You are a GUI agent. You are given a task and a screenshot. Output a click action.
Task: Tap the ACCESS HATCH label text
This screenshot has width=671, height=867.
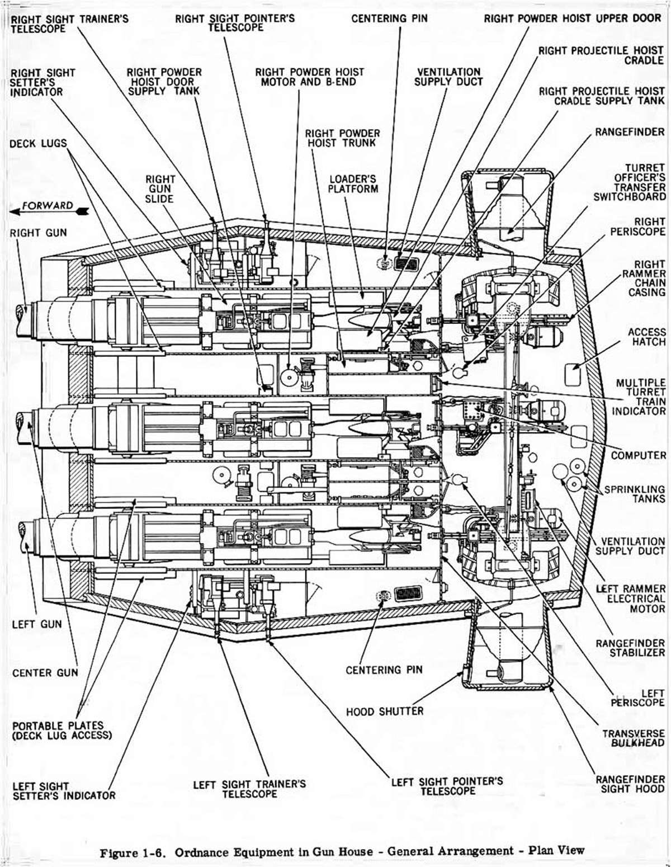tap(646, 337)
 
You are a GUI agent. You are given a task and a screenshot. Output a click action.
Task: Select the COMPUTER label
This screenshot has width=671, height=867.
tap(638, 455)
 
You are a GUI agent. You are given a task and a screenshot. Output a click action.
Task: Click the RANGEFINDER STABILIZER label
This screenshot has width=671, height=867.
tap(630, 648)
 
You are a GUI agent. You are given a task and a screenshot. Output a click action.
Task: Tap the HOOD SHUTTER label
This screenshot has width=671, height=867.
tap(385, 711)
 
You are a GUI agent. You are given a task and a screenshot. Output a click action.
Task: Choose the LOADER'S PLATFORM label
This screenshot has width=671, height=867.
tap(353, 183)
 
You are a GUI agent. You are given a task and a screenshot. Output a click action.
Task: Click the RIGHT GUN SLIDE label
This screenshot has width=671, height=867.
tap(160, 189)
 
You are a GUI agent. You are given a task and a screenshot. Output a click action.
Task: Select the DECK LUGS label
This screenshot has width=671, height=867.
tap(37, 144)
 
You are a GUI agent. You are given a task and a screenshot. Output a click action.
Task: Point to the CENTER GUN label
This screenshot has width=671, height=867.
tap(45, 672)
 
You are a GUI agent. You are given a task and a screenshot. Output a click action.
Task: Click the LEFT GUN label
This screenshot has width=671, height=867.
tap(37, 624)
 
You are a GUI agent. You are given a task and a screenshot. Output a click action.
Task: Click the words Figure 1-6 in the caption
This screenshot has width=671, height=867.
tap(134, 852)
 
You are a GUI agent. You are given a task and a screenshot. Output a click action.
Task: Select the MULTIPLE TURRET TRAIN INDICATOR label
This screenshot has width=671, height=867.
tap(641, 397)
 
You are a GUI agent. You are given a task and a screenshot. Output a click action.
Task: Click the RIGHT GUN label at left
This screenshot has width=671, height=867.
tap(38, 232)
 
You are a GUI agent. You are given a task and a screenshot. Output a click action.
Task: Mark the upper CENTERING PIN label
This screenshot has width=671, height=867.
tap(389, 18)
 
